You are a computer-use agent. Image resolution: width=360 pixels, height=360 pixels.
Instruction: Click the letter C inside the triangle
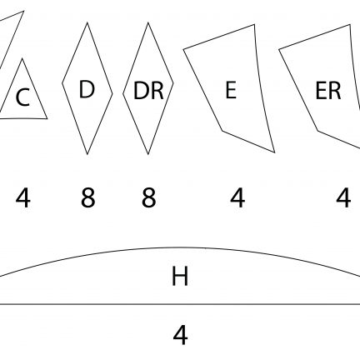22,97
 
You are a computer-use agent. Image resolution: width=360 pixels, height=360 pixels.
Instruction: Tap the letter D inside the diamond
87,89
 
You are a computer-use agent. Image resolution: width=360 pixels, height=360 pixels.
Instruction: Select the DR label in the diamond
148,90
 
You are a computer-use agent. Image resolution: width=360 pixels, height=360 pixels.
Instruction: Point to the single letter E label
231,90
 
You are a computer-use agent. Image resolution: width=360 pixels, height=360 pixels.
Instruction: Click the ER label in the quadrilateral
328,91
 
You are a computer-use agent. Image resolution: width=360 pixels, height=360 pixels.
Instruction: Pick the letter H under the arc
180,276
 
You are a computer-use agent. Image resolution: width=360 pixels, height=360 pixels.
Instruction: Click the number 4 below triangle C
22,198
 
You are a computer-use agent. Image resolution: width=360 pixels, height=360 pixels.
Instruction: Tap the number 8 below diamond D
87,198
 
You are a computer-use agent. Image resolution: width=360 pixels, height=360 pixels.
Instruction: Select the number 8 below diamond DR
148,198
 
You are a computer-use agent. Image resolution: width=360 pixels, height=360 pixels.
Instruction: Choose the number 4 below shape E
237,198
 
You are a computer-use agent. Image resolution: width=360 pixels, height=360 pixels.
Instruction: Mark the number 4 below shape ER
343,198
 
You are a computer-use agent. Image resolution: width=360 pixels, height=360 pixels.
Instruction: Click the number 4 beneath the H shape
180,335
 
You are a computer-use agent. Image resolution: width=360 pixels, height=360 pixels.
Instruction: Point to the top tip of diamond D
87,22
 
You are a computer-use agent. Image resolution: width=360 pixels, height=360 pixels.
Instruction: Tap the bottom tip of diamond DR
148,154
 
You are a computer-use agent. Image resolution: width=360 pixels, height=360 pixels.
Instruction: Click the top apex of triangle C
22,58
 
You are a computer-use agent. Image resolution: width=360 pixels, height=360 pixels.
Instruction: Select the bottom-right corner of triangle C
47,118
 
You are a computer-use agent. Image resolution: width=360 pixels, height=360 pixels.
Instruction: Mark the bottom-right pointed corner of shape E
275,152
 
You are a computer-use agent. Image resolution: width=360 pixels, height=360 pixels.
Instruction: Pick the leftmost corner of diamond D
62,82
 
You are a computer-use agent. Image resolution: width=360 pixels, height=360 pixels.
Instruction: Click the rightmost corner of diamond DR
173,82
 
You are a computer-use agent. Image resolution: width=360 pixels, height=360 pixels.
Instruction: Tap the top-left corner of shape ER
279,49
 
